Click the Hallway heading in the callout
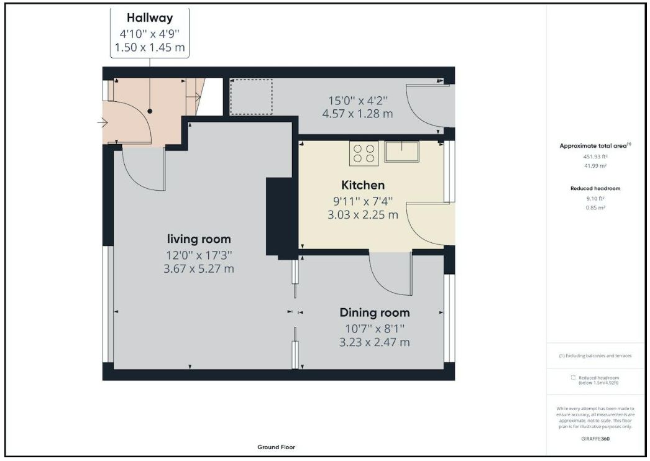click(150, 18)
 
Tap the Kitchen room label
click(363, 185)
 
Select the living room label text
click(199, 239)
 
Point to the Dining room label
click(374, 313)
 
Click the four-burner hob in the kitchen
click(364, 153)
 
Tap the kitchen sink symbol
click(401, 152)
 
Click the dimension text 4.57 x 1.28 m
click(357, 114)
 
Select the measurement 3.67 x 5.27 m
click(199, 268)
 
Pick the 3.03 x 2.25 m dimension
click(363, 215)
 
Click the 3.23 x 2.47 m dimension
click(374, 342)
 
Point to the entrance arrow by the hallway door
click(103, 123)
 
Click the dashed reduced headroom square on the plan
click(251, 96)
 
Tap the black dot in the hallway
click(150, 111)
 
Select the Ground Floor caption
click(276, 447)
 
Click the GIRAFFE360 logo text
click(595, 439)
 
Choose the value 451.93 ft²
click(595, 157)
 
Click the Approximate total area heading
click(595, 145)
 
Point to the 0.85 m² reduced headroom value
click(595, 208)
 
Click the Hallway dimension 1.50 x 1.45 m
click(150, 47)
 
